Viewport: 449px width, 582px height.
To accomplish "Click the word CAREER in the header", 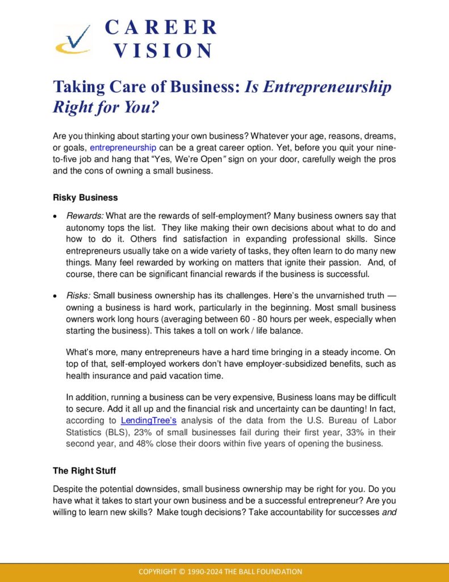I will click(161, 27).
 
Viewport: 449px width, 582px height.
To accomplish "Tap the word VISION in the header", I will click(163, 51).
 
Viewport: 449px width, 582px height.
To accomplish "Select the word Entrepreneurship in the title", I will click(324, 87).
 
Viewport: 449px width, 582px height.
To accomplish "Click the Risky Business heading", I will click(85, 198).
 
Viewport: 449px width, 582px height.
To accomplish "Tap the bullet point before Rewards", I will click(54, 217).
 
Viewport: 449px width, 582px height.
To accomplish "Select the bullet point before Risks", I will click(54, 296).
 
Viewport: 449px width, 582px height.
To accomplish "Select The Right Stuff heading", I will click(83, 471).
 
